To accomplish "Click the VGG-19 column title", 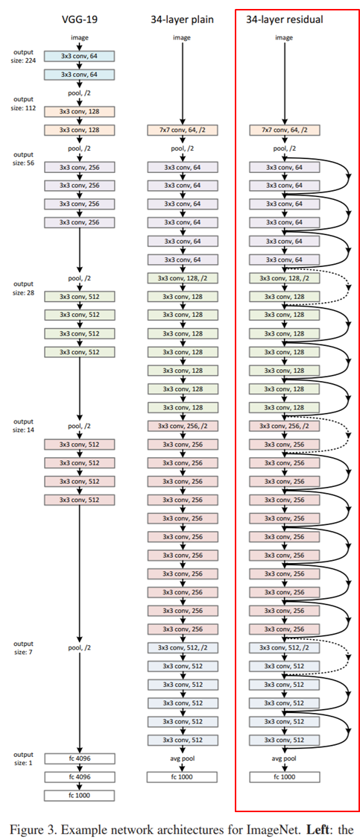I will tap(80, 19).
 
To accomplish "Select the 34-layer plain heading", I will tap(182, 19).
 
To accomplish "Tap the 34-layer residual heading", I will tap(285, 19).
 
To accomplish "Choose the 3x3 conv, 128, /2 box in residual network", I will tap(285, 278).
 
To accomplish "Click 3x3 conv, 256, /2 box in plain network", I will tap(182, 426).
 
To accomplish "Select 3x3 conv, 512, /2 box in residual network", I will tap(285, 647).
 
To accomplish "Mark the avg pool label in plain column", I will tap(182, 758).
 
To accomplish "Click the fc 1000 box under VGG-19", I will tap(80, 796).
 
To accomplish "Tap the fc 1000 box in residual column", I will tap(285, 777).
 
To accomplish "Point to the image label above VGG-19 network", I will tap(80, 37).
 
